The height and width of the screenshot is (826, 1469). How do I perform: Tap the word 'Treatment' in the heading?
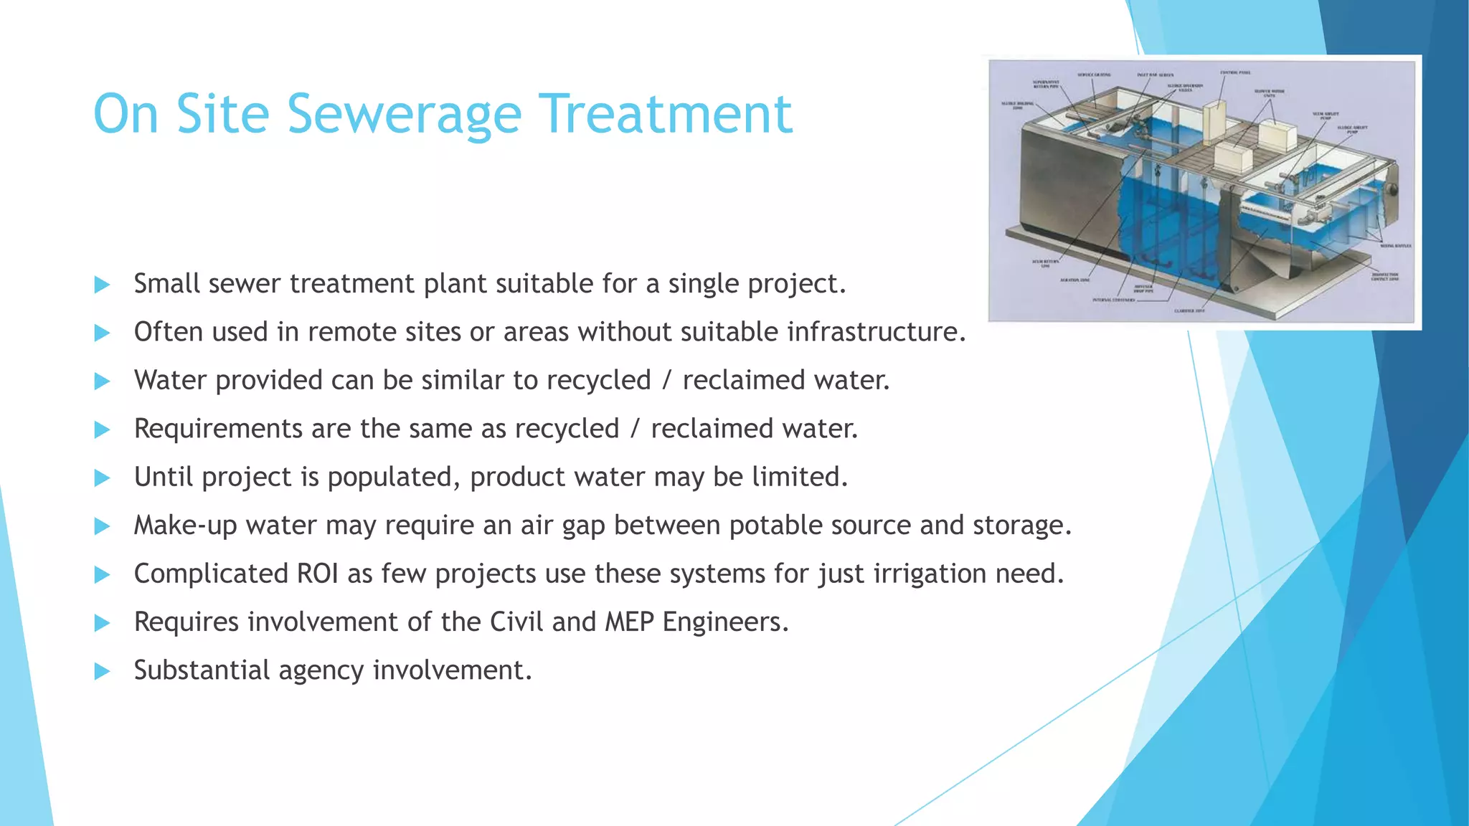[x=665, y=115]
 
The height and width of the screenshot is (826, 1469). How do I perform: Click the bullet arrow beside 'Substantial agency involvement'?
[x=102, y=672]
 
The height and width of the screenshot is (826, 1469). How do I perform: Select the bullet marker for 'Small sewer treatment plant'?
[x=102, y=285]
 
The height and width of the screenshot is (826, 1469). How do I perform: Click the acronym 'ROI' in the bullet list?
[x=316, y=574]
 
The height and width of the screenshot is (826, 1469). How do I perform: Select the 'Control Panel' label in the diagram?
[x=1236, y=72]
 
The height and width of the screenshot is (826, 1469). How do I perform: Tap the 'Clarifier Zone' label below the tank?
[x=1189, y=310]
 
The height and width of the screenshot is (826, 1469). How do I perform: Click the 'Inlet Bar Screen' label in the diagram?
[x=1155, y=75]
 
